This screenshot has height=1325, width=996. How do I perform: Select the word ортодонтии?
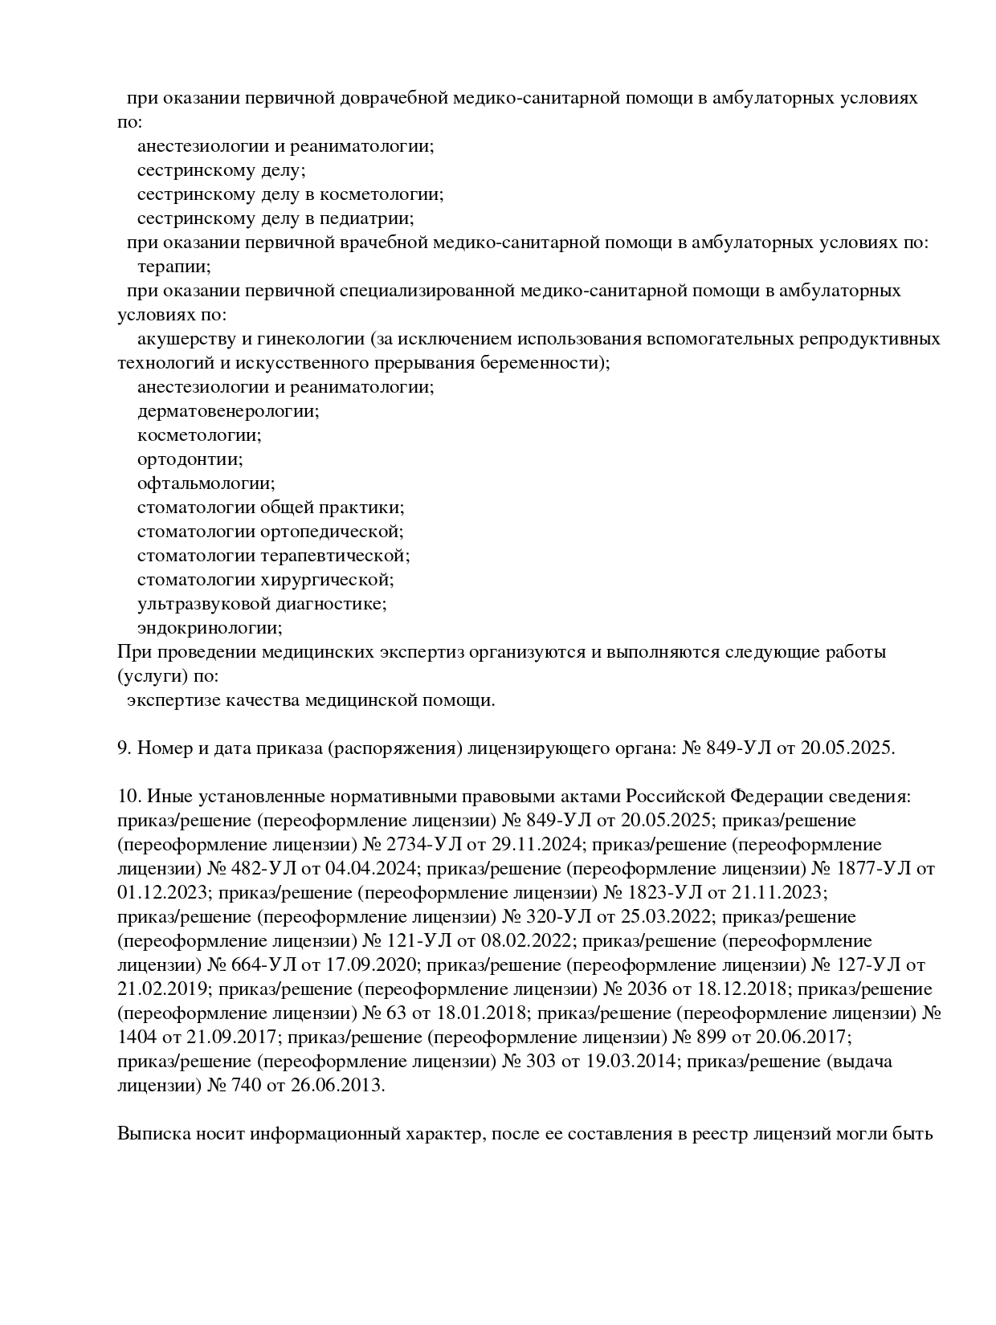point(190,459)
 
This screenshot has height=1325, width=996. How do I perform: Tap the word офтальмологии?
point(206,483)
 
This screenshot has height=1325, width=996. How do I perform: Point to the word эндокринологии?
point(210,628)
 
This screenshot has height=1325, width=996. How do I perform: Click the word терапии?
point(173,267)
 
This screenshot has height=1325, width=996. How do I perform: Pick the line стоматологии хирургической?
point(265,580)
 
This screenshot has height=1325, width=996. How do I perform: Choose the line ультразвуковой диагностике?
point(262,604)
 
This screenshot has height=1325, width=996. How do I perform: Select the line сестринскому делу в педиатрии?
point(276,218)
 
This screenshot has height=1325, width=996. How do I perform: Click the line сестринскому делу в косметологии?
point(290,194)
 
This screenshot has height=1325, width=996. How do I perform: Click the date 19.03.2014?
point(631,1062)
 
